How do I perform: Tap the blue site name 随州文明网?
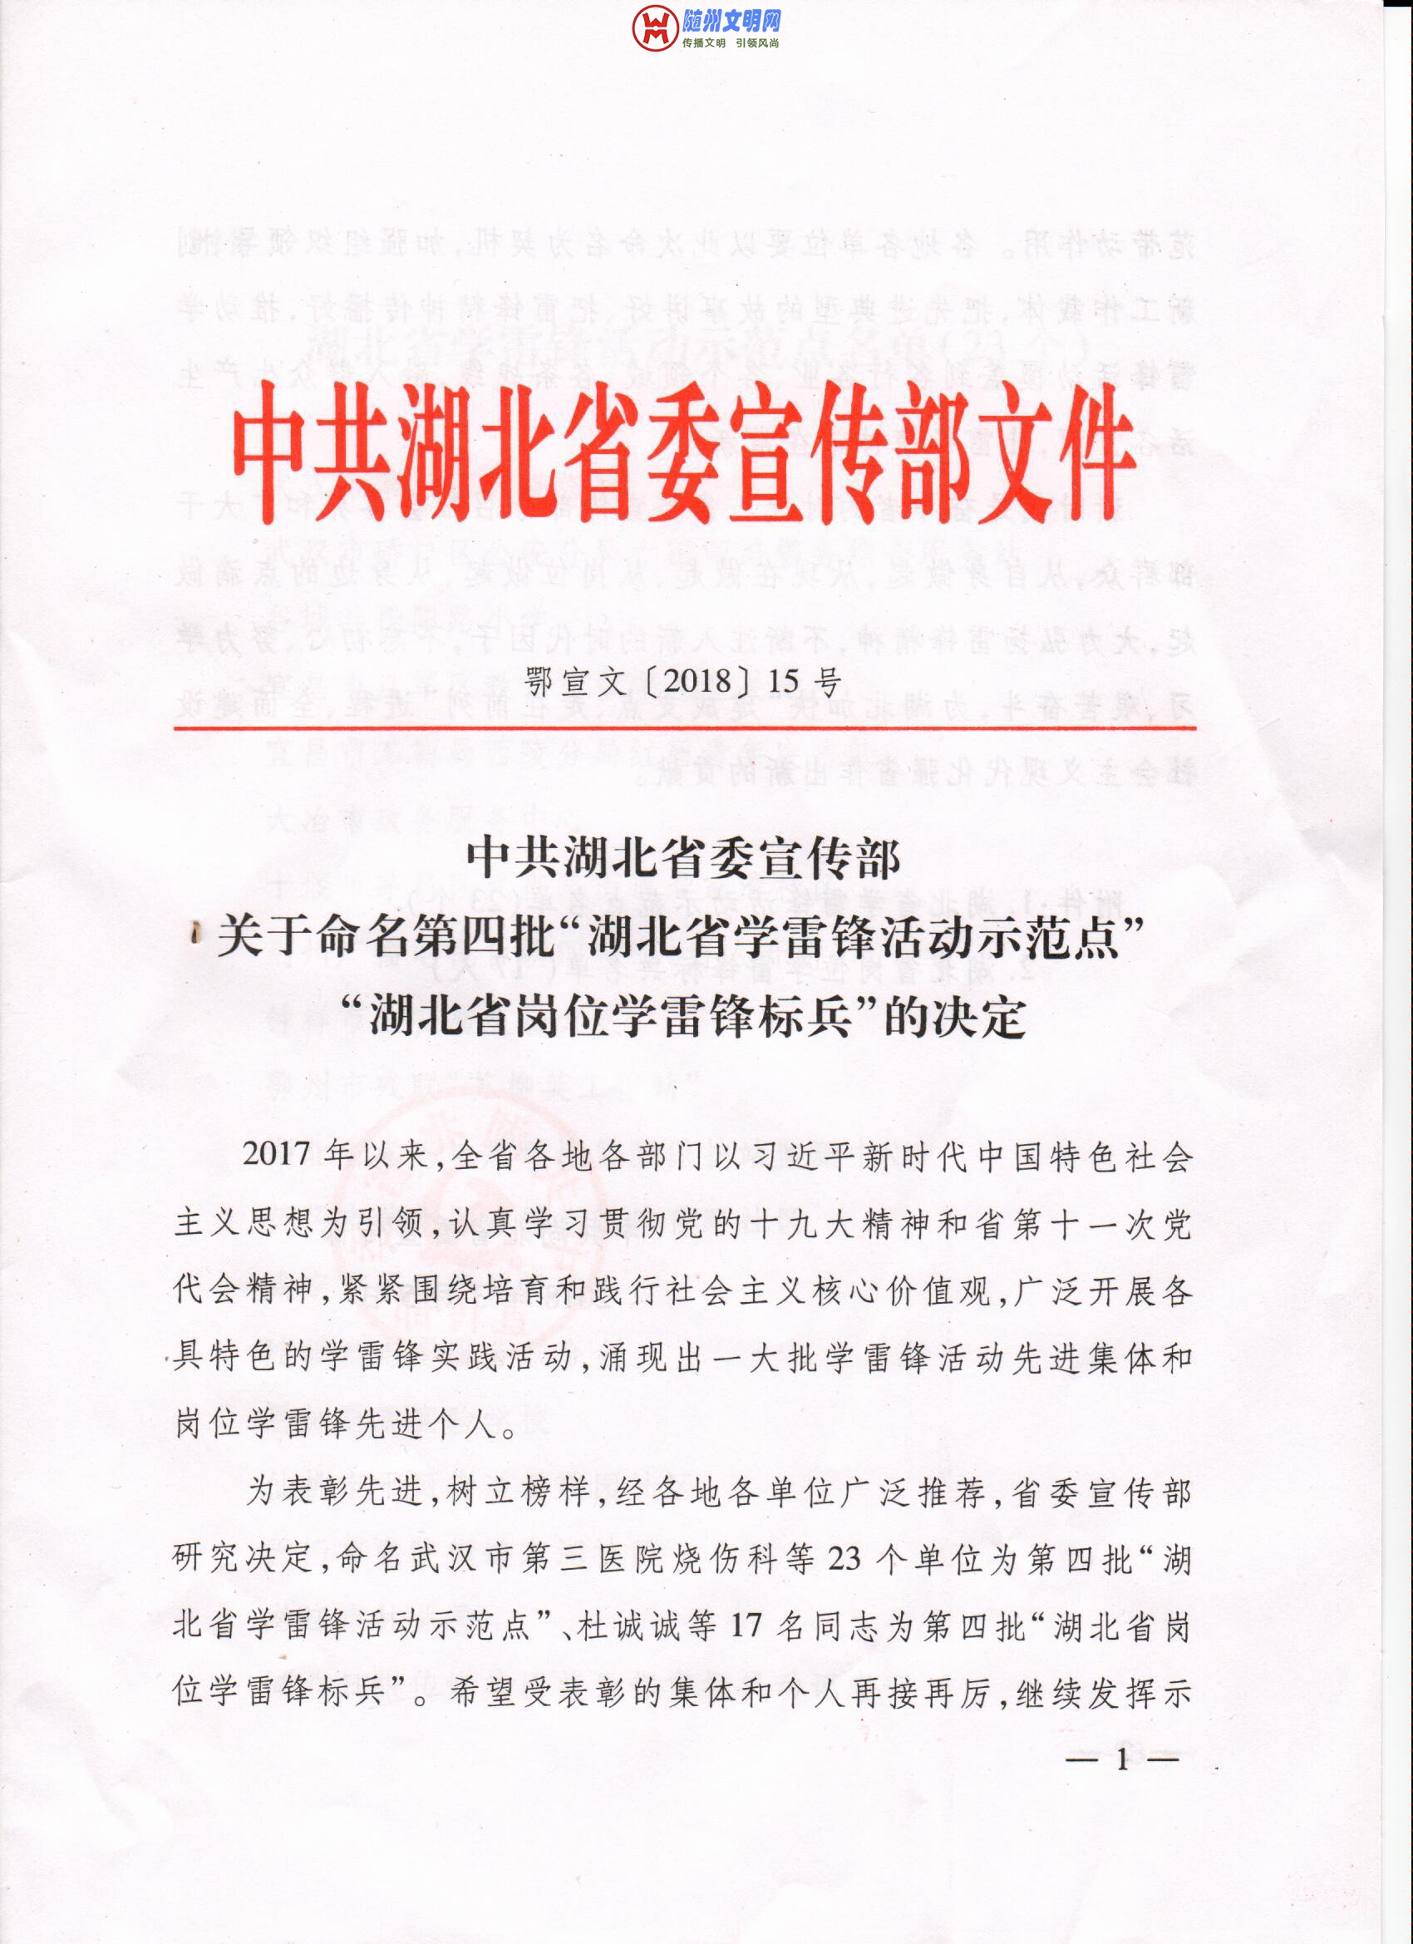pos(731,21)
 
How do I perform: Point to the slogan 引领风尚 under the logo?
pos(757,43)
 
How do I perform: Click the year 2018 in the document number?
pos(697,682)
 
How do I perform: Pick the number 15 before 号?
pos(783,682)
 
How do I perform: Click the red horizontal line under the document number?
pos(685,728)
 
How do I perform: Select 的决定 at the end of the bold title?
pos(954,1018)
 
